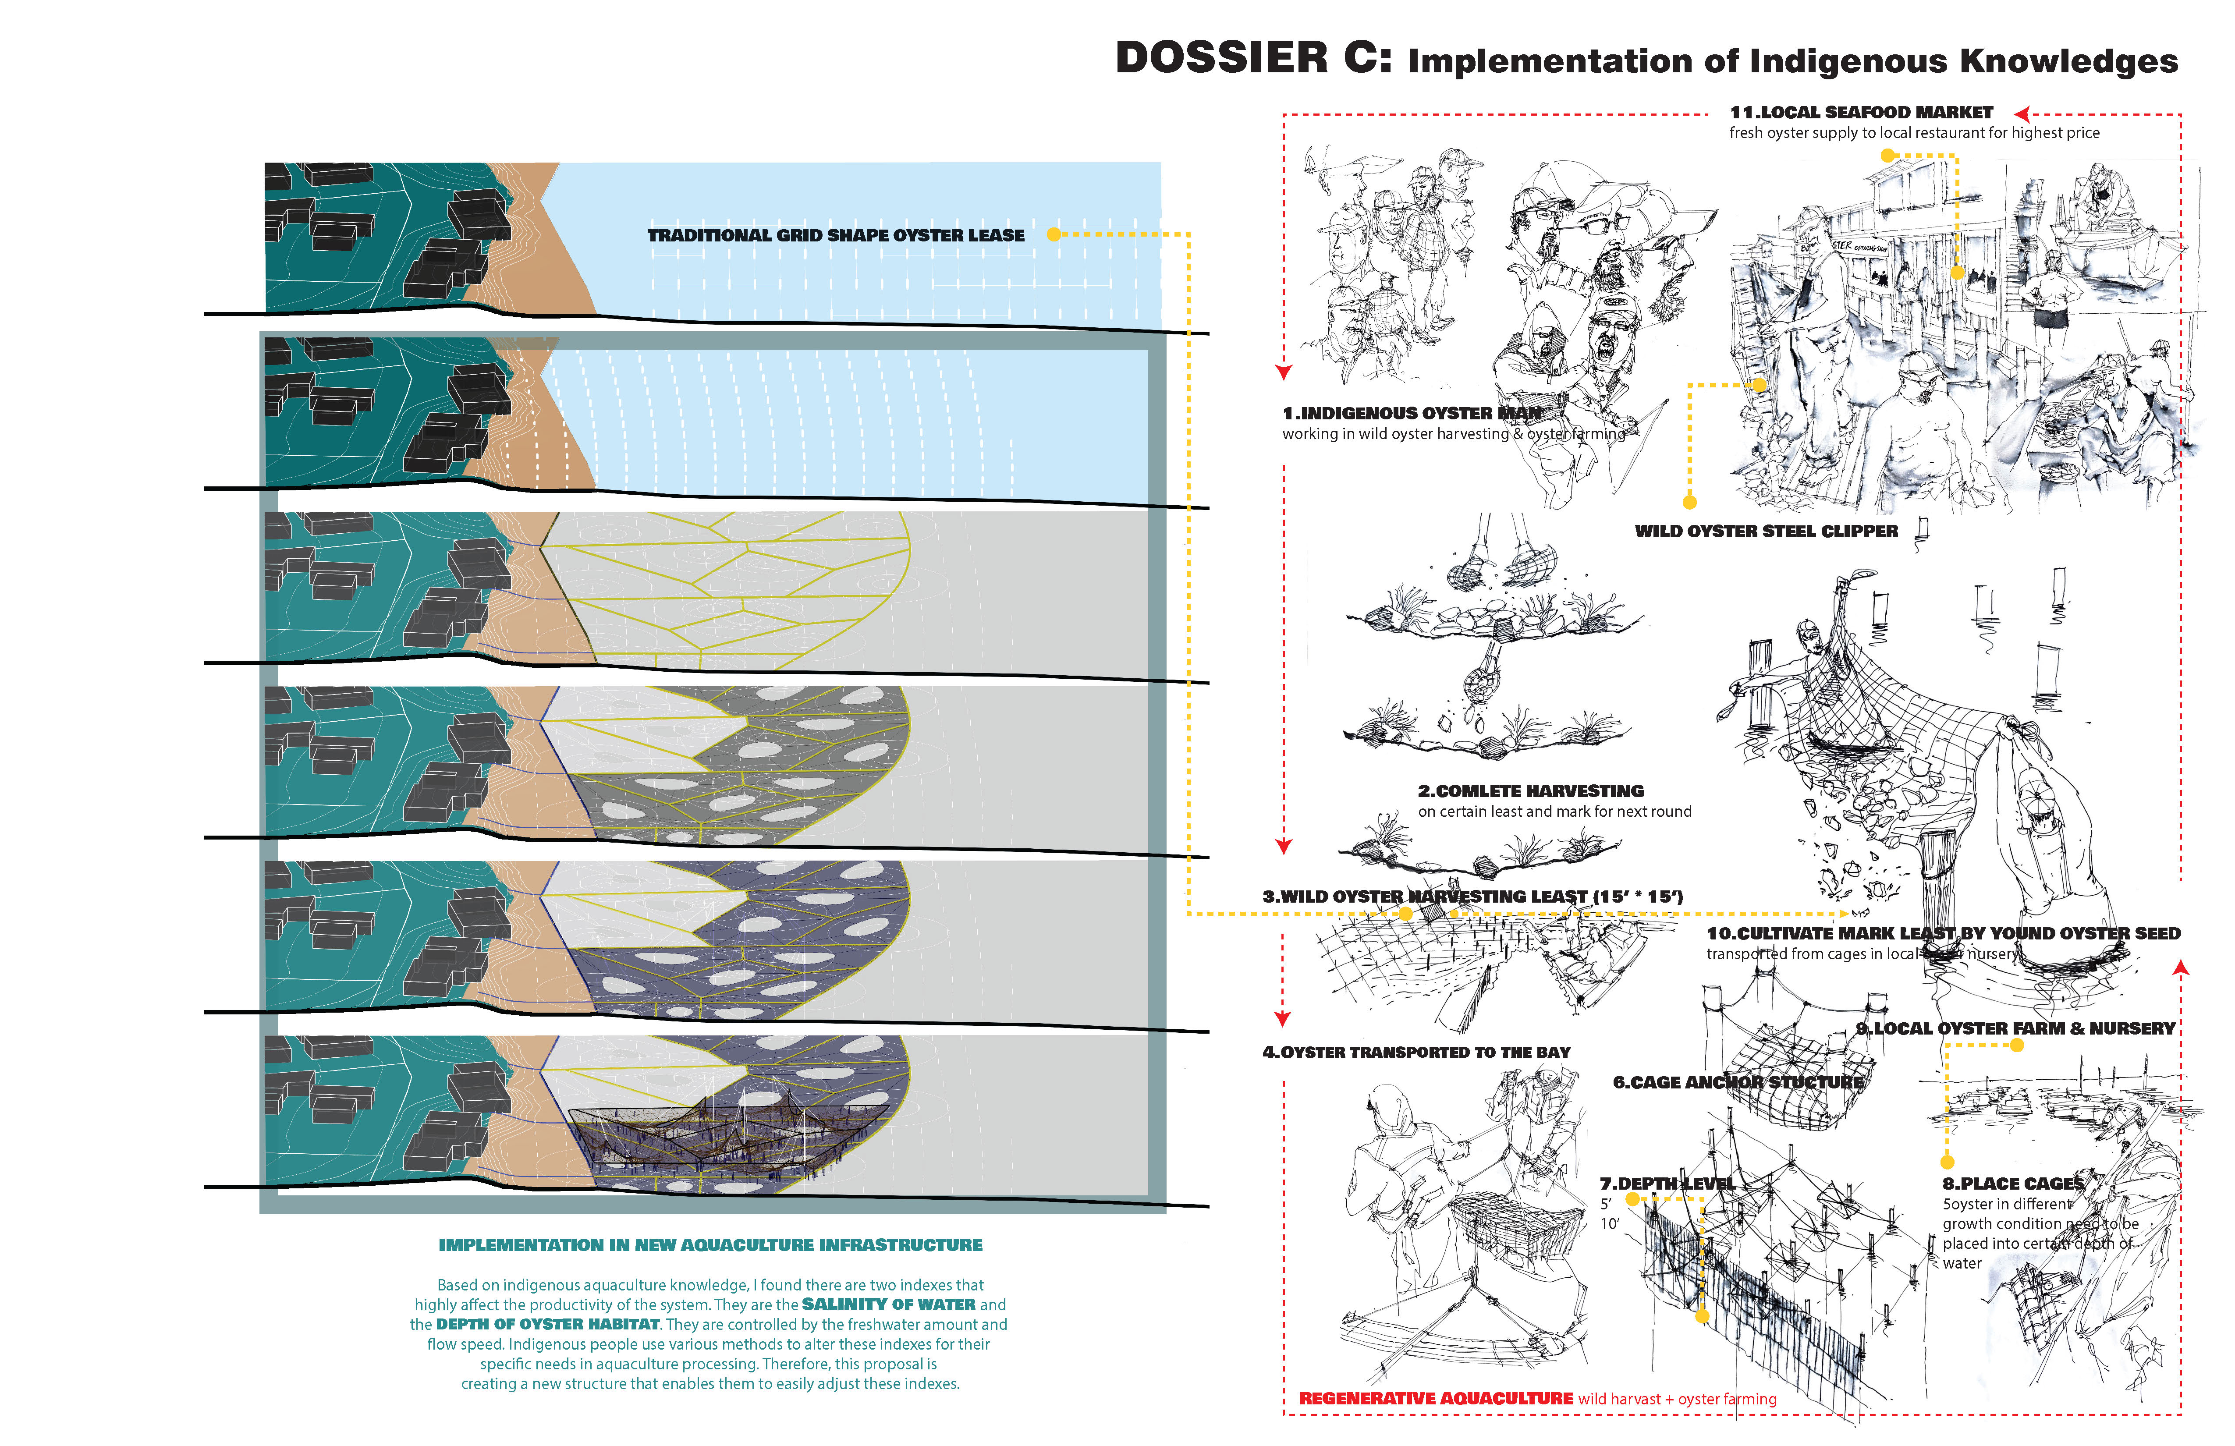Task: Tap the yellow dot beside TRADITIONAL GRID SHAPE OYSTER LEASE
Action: click(x=1054, y=234)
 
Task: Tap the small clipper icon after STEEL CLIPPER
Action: click(x=1921, y=528)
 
